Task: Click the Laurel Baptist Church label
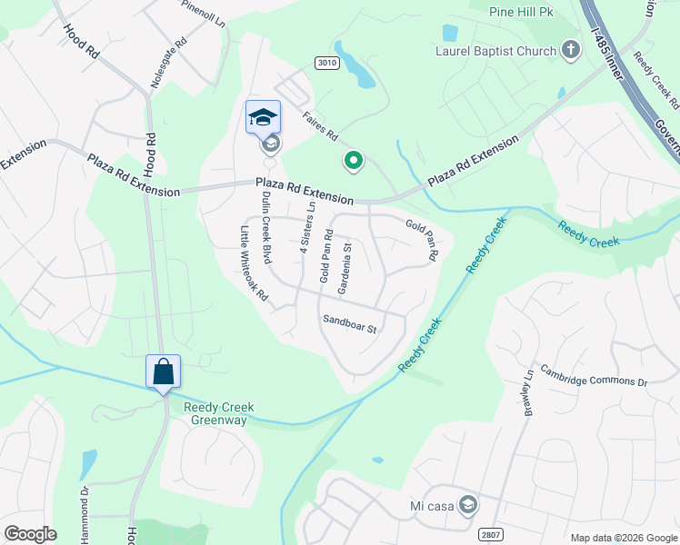tap(496, 51)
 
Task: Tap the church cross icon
tap(570, 50)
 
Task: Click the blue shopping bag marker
tap(164, 372)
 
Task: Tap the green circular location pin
tap(353, 162)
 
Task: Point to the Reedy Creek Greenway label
tap(218, 413)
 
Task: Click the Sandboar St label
tap(349, 323)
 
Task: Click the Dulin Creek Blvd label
tap(266, 228)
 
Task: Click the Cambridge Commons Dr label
tap(594, 375)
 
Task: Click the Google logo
tap(30, 533)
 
